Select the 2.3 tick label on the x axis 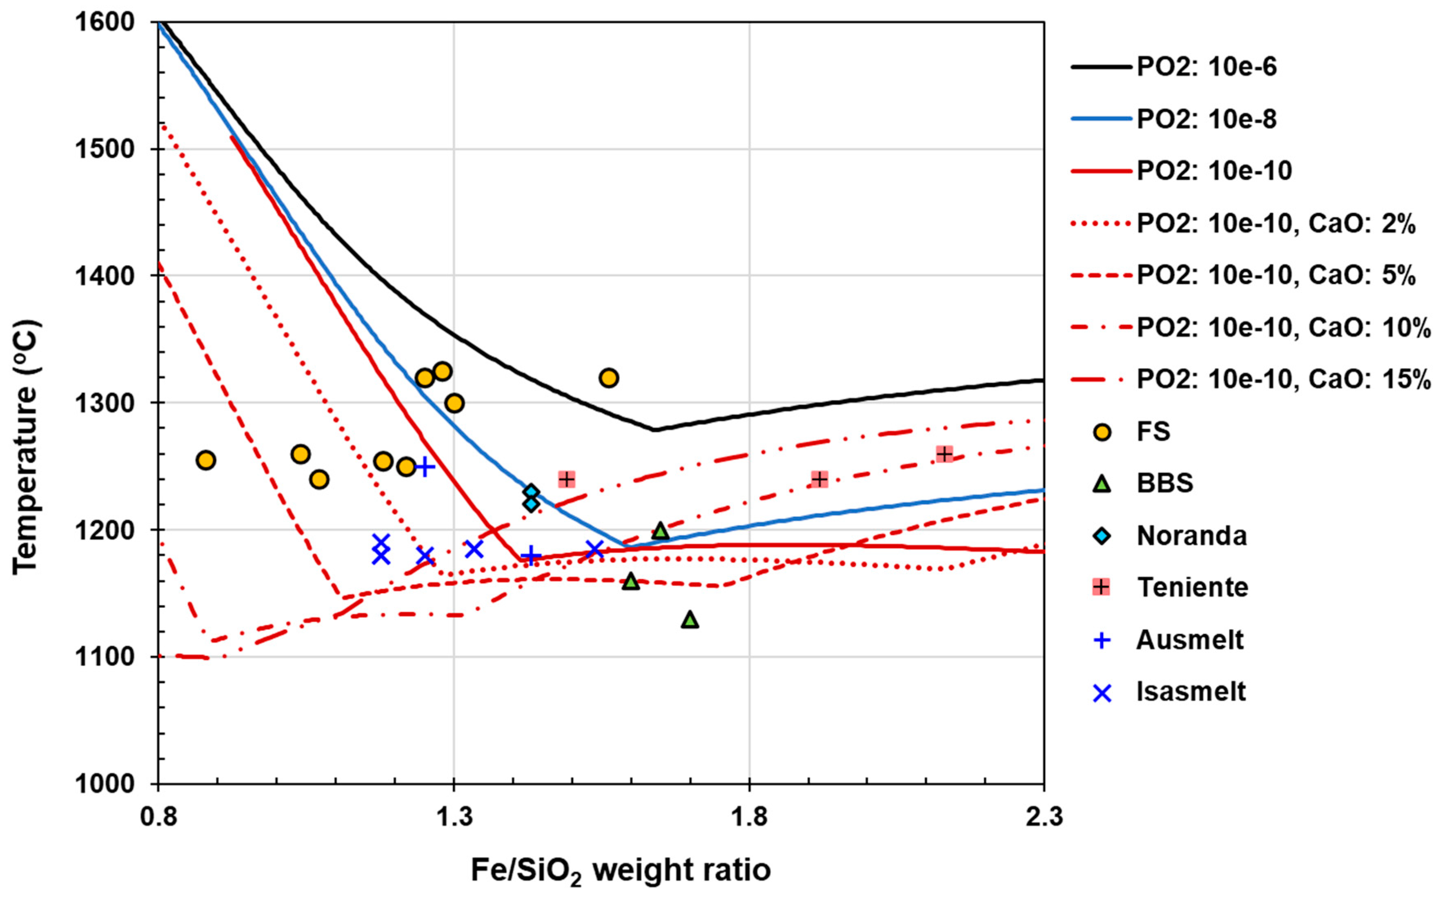(1044, 817)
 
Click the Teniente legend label (1192, 587)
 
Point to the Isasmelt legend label (1191, 692)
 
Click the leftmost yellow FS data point (205, 460)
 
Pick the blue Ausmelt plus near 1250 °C (424, 467)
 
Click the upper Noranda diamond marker (531, 492)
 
